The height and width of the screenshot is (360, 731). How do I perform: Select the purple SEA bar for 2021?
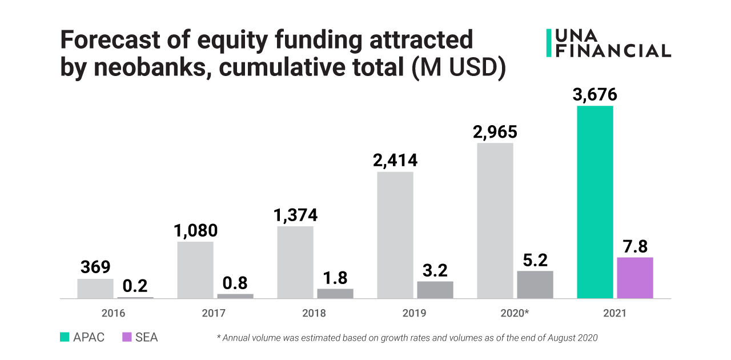click(635, 278)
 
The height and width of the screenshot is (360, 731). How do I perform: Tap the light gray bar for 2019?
click(395, 235)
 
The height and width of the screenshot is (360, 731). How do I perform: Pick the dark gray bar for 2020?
click(535, 285)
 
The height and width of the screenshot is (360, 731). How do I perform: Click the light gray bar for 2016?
click(95, 289)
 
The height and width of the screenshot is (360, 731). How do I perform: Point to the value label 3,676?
click(595, 95)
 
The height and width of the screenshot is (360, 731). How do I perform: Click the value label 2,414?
click(395, 161)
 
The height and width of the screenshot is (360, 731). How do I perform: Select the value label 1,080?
click(195, 231)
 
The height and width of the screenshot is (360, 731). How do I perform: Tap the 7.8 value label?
click(635, 247)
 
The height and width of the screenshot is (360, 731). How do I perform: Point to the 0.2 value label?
click(135, 286)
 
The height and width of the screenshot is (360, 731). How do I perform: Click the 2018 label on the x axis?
click(314, 313)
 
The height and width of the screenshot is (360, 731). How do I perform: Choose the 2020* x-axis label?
click(514, 313)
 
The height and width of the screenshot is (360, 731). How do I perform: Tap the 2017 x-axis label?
click(214, 313)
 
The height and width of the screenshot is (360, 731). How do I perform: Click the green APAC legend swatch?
click(65, 337)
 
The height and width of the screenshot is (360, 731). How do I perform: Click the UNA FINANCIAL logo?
click(609, 43)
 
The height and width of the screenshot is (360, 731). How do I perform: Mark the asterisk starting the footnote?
click(219, 337)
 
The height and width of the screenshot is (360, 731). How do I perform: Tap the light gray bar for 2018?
click(295, 262)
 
